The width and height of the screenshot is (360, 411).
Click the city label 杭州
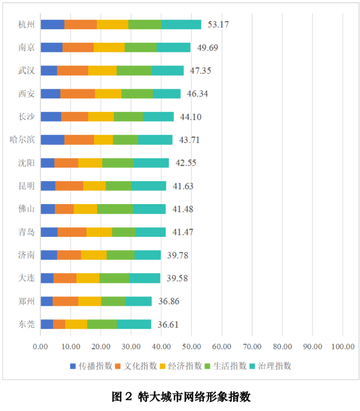tap(26, 24)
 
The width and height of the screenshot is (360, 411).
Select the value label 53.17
tap(218, 24)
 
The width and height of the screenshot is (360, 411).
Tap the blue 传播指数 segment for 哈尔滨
tap(52, 139)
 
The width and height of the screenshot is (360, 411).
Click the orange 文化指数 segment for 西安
tap(77, 93)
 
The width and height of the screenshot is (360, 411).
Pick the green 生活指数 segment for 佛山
tap(115, 209)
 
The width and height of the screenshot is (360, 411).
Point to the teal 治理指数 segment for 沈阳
tap(151, 163)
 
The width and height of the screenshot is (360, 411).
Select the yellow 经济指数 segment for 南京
tap(109, 47)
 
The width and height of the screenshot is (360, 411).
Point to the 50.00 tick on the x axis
tap(192, 346)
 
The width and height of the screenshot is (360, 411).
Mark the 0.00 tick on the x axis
tap(40, 346)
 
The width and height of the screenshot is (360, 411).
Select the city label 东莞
tap(26, 324)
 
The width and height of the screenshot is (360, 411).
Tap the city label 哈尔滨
tap(22, 139)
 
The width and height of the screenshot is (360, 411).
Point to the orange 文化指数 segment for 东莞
tap(59, 324)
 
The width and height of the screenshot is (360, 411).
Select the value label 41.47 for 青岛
tap(183, 232)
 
